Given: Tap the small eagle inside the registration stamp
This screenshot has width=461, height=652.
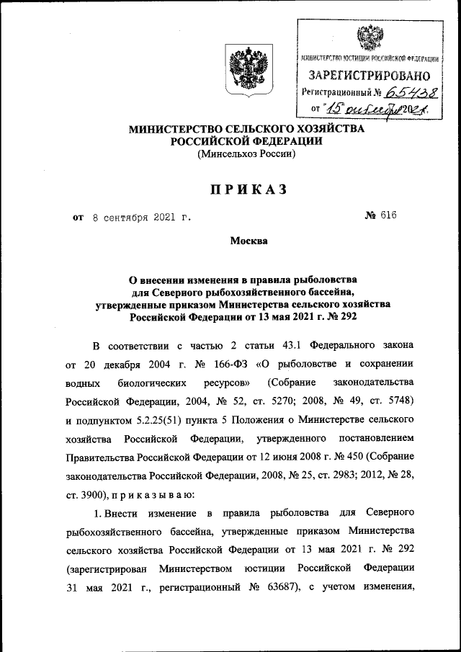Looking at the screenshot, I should (370, 36).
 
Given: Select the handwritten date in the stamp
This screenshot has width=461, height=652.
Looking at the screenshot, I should (375, 110).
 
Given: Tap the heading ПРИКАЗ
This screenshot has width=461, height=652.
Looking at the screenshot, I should (249, 189).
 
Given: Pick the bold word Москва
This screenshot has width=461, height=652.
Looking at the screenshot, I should (249, 241).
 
